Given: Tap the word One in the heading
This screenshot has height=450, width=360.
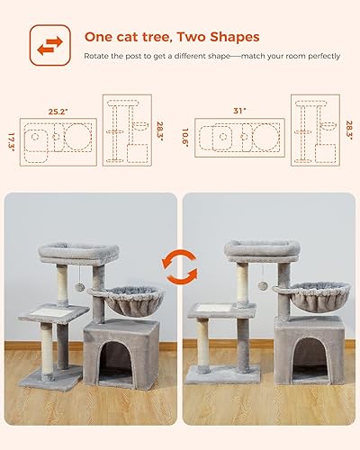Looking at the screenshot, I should coord(97,37).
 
